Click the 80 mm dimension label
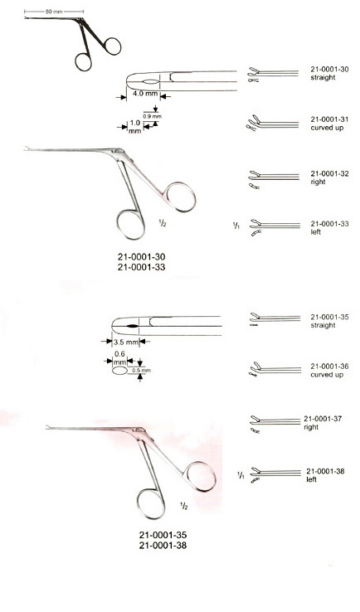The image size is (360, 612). tap(54, 12)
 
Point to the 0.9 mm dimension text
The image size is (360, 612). tap(153, 116)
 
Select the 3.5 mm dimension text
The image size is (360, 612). tap(126, 342)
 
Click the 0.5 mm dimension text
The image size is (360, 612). tap(141, 370)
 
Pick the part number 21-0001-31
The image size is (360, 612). tap(329, 119)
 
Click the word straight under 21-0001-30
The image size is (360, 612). tap(323, 78)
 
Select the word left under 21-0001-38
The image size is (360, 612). tap(311, 479)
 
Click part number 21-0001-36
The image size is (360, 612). tap(329, 367)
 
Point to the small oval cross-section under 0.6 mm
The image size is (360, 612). tap(119, 371)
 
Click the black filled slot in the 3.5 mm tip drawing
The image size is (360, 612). tap(132, 326)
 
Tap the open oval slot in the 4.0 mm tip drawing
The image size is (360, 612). tap(151, 81)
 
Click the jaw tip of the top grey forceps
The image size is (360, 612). tap(27, 149)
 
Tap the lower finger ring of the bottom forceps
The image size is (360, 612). tap(151, 505)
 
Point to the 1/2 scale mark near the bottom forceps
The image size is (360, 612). tap(183, 506)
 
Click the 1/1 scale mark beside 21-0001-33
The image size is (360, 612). tap(236, 226)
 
